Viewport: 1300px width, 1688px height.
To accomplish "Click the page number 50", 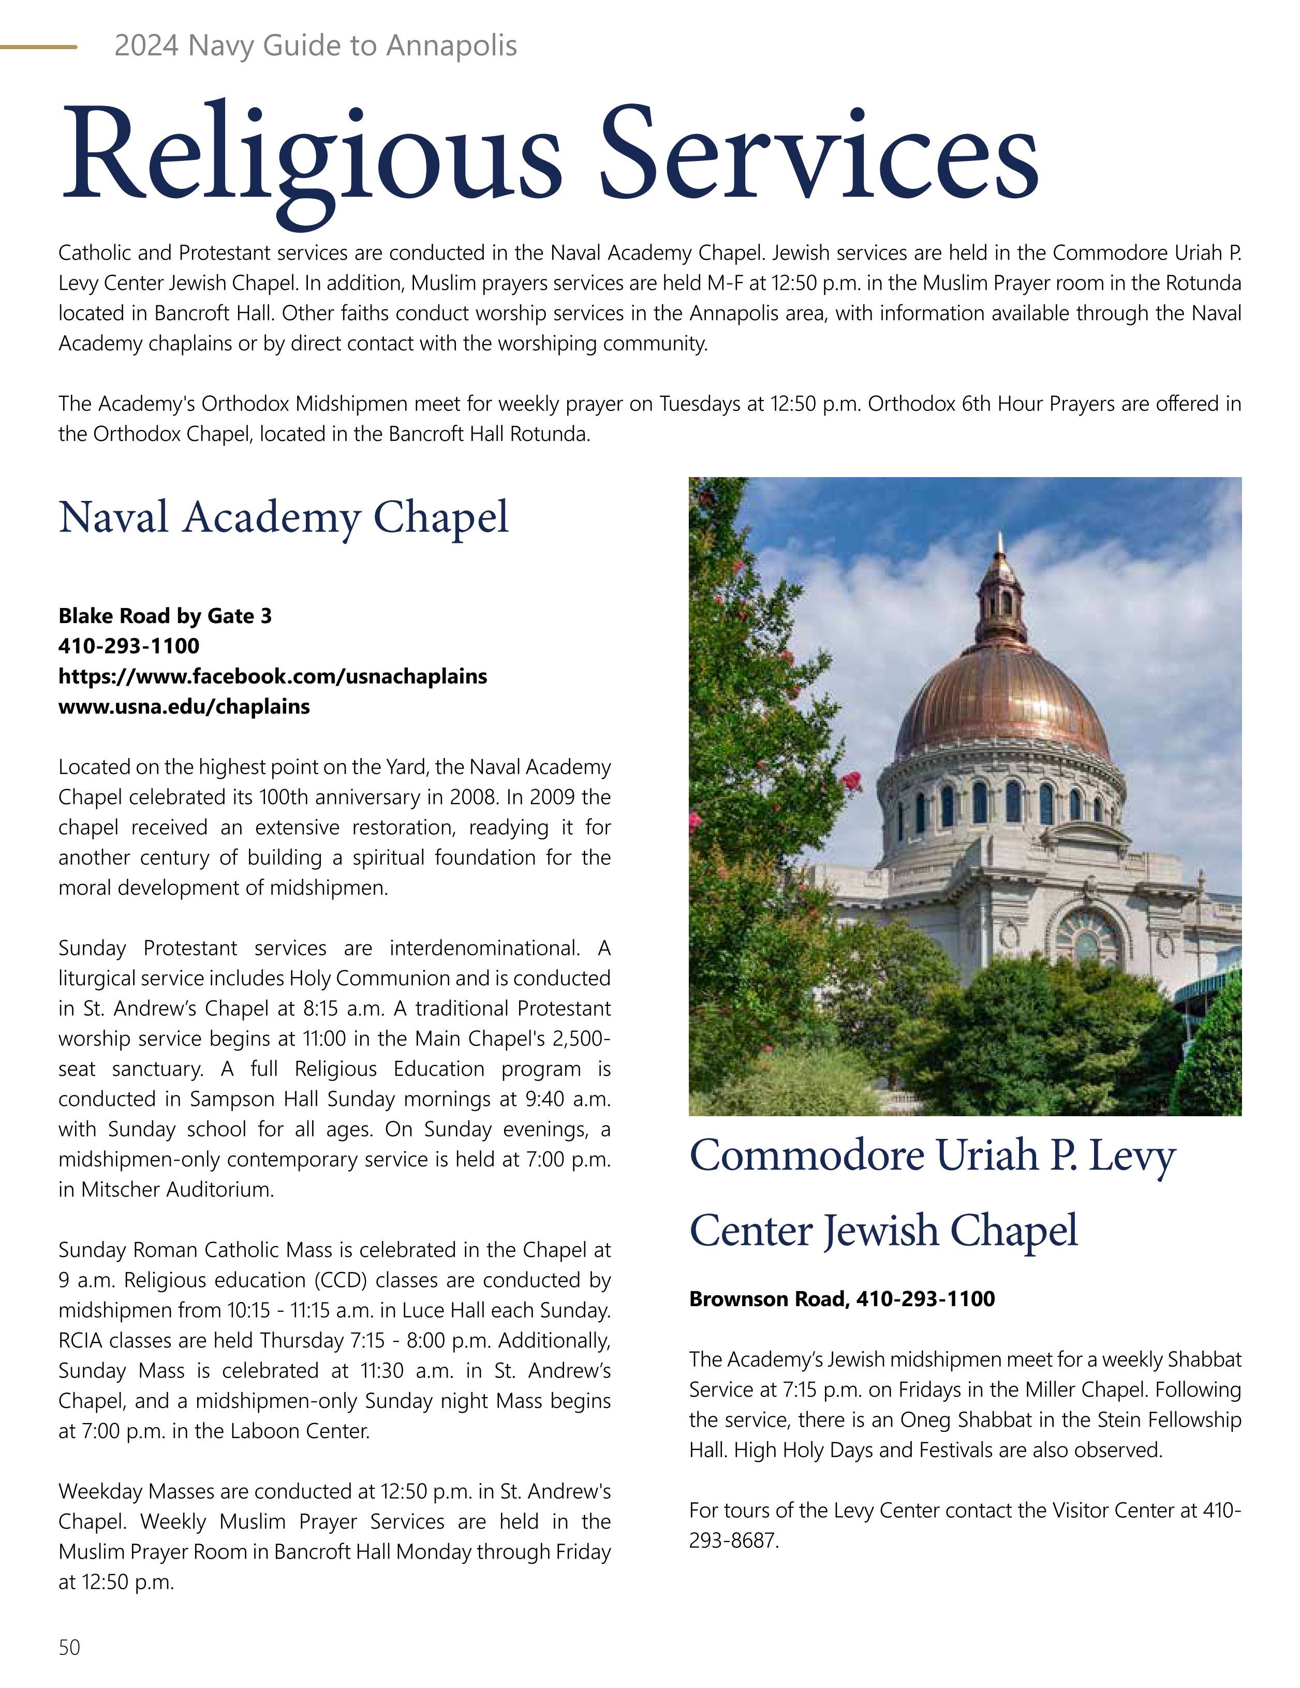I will tap(69, 1641).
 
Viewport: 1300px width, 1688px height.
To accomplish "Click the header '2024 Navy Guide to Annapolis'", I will tap(315, 46).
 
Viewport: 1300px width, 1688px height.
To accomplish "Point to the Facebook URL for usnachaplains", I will tap(273, 676).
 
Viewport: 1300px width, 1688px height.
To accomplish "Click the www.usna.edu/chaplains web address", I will tap(184, 706).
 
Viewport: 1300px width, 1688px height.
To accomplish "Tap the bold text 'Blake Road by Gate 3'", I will tap(165, 616).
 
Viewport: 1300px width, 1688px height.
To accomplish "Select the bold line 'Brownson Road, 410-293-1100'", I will tap(841, 1298).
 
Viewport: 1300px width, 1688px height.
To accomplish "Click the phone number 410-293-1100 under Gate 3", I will tap(128, 646).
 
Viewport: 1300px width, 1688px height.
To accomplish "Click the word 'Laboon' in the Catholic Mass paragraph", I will tap(263, 1431).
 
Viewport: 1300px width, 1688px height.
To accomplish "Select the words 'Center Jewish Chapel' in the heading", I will tap(883, 1231).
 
